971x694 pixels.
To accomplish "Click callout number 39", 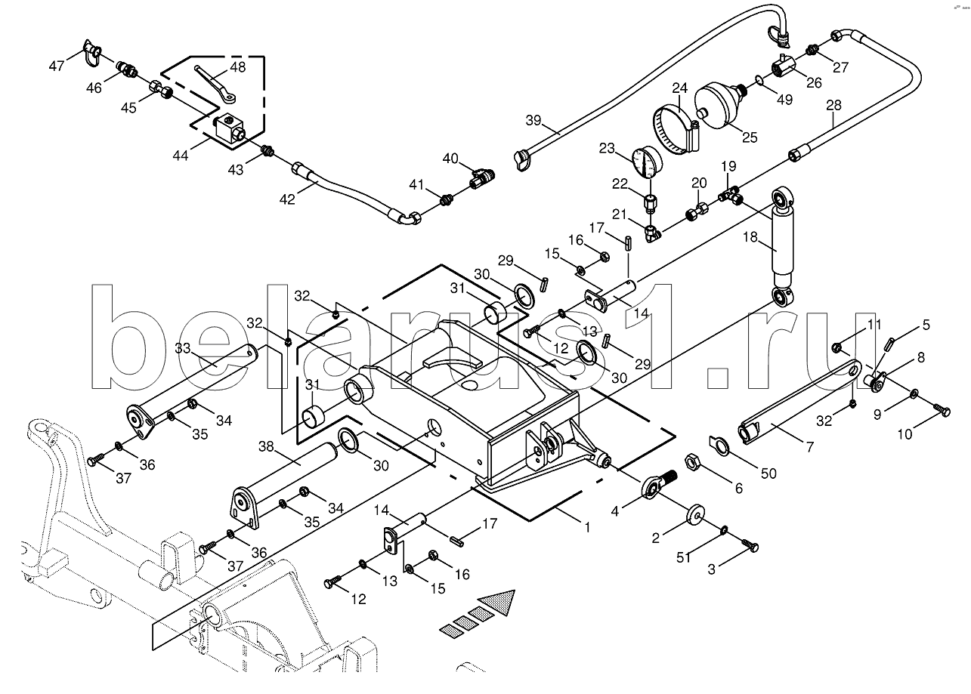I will coord(534,121).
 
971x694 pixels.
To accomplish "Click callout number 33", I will coord(182,350).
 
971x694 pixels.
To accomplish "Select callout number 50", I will coord(768,473).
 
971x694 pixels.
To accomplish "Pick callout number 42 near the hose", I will coord(288,198).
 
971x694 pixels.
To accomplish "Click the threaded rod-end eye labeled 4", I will coord(654,486).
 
